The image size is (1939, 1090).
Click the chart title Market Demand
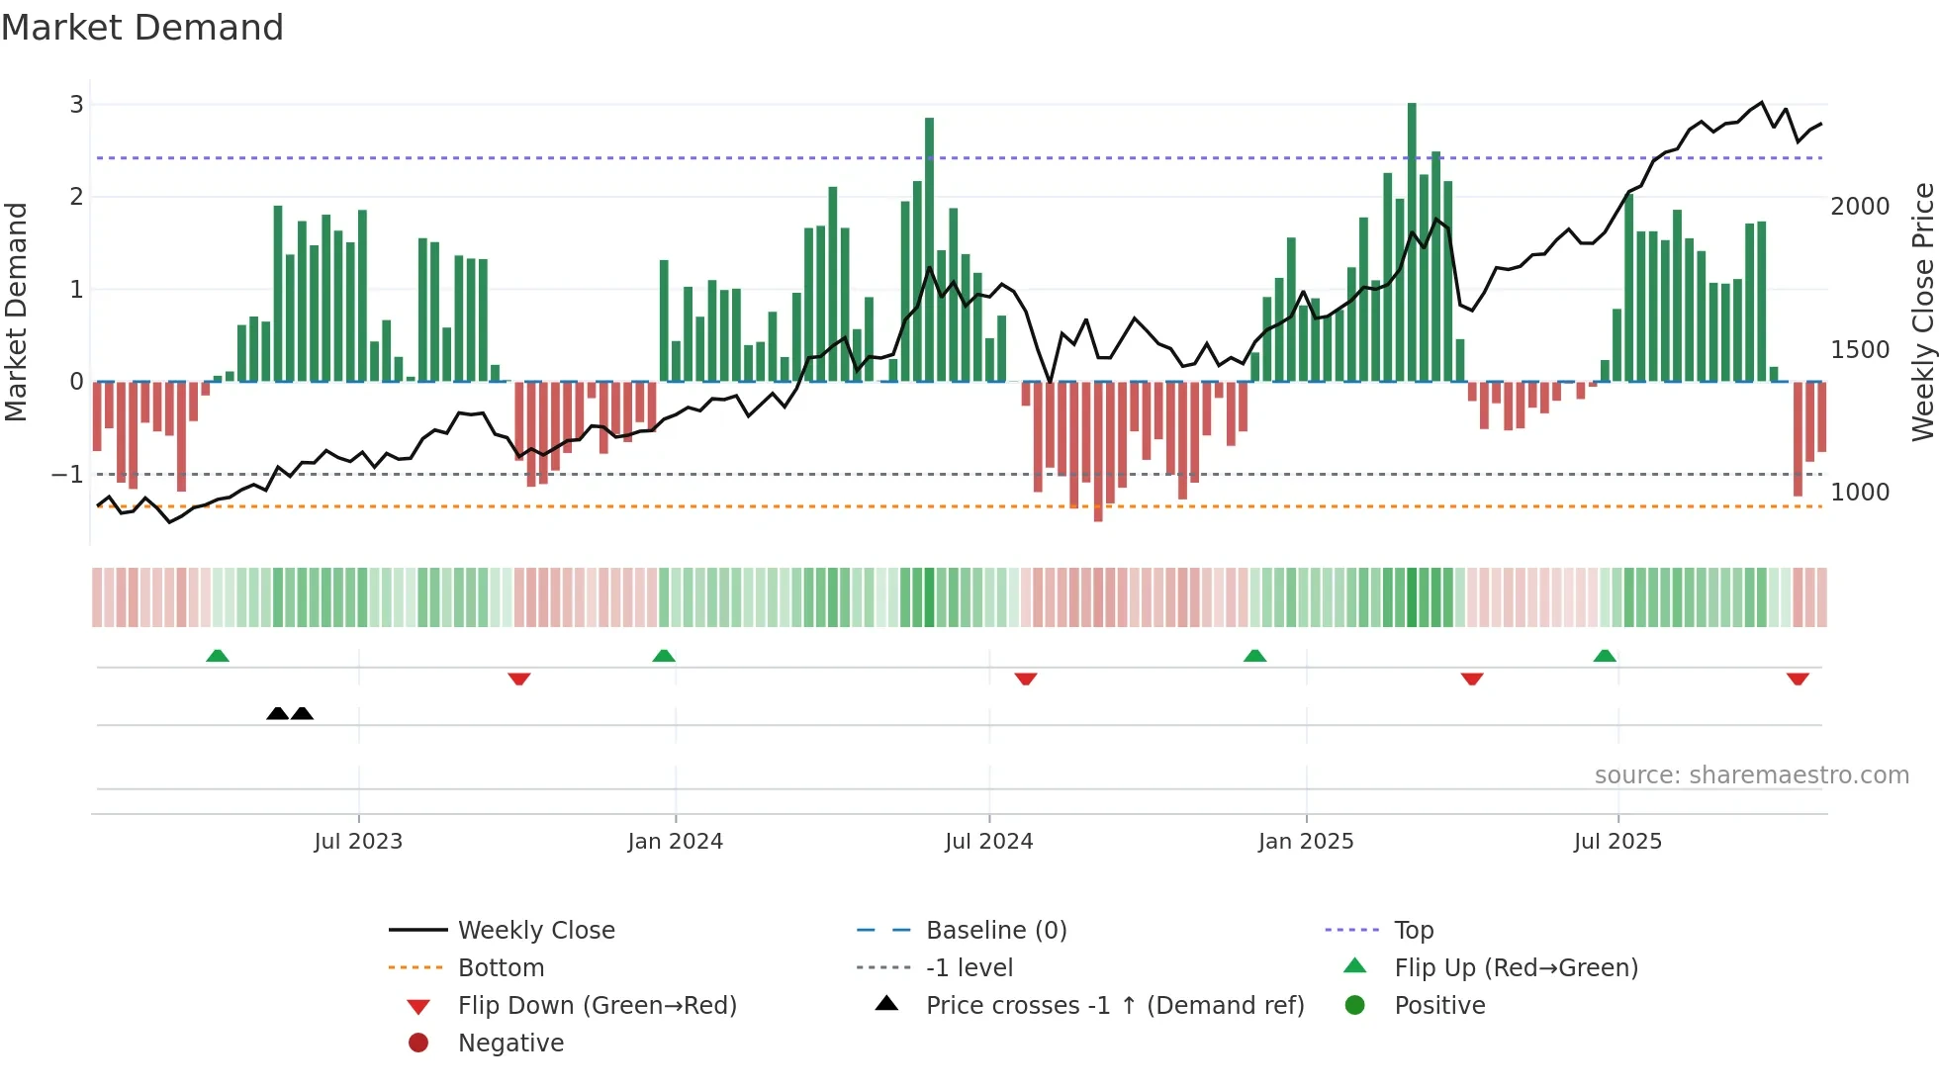pos(142,28)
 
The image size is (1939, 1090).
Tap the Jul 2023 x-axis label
pos(358,842)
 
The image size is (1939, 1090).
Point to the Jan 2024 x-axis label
pos(675,842)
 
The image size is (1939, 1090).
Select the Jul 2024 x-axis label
pos(988,842)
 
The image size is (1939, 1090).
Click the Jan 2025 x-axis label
pos(1306,842)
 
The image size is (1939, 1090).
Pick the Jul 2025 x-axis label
pos(1617,842)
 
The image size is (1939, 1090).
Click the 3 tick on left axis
pos(76,105)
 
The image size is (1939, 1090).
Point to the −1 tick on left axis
pos(67,475)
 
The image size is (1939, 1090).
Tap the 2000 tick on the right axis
pos(1860,207)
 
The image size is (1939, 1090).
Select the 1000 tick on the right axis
pos(1860,493)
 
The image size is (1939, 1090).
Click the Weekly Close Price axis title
pos(1922,312)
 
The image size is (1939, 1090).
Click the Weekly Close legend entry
pos(535,931)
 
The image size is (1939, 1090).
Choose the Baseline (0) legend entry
pos(995,931)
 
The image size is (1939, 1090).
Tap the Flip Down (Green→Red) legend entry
pos(597,1006)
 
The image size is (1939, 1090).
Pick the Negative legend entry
pos(510,1044)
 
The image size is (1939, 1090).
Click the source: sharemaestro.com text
pos(1751,775)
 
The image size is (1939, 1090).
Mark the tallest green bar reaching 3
pos(1412,237)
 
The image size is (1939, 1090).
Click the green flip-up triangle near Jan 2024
pos(664,656)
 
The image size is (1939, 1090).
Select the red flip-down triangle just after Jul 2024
pos(1026,679)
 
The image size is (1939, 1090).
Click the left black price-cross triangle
pos(278,713)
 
